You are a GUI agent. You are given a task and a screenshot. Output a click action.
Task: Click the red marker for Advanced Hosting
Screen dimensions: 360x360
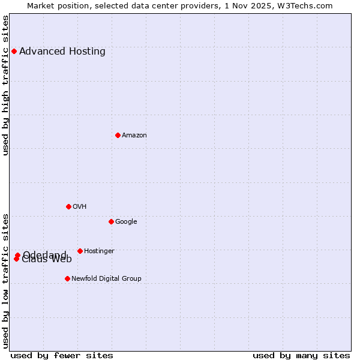(x=14, y=51)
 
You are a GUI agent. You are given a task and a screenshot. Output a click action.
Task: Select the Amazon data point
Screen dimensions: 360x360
(x=118, y=135)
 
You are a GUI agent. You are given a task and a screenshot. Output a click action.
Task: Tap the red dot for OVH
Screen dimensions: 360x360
(x=68, y=206)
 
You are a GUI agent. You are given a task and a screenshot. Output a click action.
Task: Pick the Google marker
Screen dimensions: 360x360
(x=111, y=221)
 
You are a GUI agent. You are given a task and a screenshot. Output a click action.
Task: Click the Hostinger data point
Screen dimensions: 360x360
(x=80, y=251)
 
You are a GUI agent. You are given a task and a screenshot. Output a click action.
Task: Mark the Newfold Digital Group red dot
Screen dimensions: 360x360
(x=67, y=278)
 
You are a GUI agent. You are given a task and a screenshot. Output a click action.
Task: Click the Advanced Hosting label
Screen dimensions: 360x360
(x=62, y=51)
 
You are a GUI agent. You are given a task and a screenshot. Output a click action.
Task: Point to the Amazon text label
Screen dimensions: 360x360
(x=134, y=135)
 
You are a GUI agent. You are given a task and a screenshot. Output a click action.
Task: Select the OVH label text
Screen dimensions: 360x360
(x=80, y=206)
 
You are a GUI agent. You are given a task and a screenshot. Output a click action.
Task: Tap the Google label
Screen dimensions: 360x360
(x=126, y=221)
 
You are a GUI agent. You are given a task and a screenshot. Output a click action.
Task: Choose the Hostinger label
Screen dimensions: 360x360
(x=99, y=251)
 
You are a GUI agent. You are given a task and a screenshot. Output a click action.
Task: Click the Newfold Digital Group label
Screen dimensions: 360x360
(x=106, y=278)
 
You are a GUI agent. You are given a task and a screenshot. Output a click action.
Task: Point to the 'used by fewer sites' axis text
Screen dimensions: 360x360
(x=62, y=355)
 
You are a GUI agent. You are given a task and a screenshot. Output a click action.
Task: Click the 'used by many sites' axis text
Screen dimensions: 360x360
(x=301, y=355)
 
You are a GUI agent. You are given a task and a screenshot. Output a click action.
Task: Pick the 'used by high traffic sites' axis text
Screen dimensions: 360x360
(x=5, y=85)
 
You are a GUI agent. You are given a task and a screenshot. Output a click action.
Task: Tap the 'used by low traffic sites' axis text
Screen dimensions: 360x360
(x=5, y=281)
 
